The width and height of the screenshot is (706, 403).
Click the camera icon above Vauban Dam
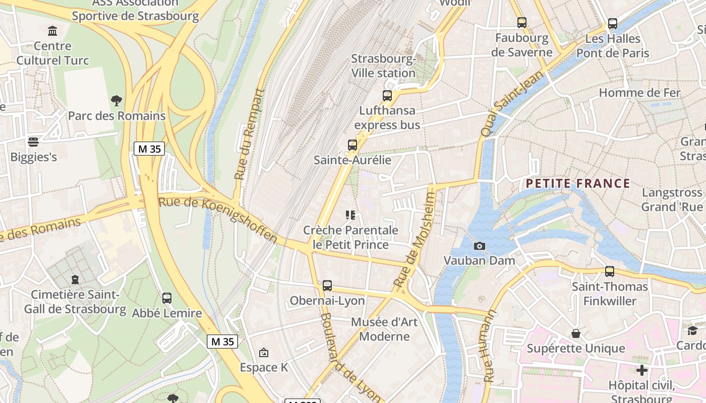480,246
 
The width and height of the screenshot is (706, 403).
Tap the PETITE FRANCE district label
578,183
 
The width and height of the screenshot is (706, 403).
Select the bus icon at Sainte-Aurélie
352,145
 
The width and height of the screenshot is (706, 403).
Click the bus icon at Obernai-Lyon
327,286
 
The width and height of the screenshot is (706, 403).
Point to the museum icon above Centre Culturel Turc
52,31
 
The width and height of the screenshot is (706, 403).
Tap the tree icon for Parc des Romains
116,101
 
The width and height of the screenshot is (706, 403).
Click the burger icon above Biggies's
33,142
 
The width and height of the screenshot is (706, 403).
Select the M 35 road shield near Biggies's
149,149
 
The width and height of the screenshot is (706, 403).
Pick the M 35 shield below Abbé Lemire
222,342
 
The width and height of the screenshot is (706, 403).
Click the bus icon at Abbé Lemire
167,298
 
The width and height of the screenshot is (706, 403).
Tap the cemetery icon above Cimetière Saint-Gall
75,279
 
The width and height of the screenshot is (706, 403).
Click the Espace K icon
263,353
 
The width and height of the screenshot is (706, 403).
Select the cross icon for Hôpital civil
641,371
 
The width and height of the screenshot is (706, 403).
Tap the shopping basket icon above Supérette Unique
575,333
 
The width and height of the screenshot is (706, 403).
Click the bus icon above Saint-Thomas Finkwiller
610,272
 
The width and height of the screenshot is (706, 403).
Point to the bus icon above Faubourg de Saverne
522,23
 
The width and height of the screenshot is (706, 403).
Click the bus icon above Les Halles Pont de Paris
613,24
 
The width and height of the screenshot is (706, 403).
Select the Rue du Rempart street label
250,135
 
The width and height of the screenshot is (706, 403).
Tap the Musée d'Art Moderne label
384,329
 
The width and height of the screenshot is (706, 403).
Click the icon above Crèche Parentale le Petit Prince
350,216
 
